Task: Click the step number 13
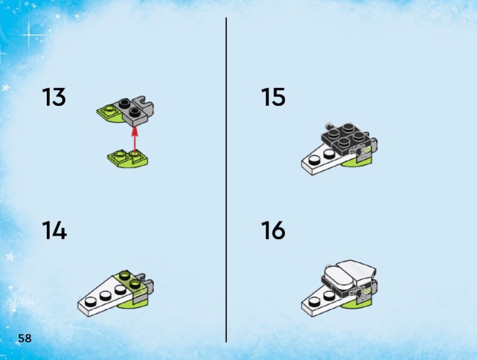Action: (54, 97)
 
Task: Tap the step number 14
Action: (55, 230)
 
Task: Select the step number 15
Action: (273, 97)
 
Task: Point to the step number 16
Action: (273, 230)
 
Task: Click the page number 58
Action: (25, 338)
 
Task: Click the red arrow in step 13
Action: (134, 139)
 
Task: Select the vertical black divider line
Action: (226, 180)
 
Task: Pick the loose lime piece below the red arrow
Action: (128, 159)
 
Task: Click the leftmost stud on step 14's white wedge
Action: (90, 301)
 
